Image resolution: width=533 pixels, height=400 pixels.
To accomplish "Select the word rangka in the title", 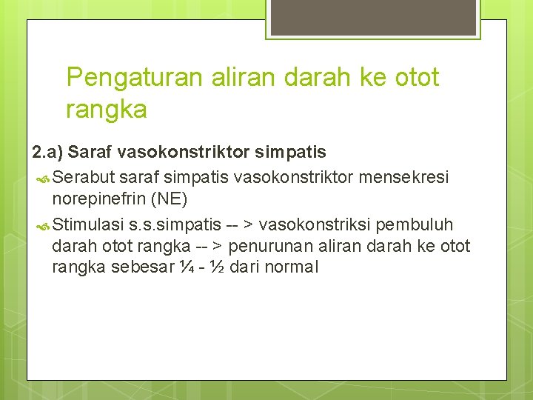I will tap(106, 110).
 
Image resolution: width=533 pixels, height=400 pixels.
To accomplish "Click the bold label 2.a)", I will tap(47, 153).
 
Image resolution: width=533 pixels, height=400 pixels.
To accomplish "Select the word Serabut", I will tap(83, 178).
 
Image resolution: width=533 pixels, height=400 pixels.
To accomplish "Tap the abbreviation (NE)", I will tap(169, 199).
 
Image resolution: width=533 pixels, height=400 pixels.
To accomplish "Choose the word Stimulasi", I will tap(88, 224).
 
